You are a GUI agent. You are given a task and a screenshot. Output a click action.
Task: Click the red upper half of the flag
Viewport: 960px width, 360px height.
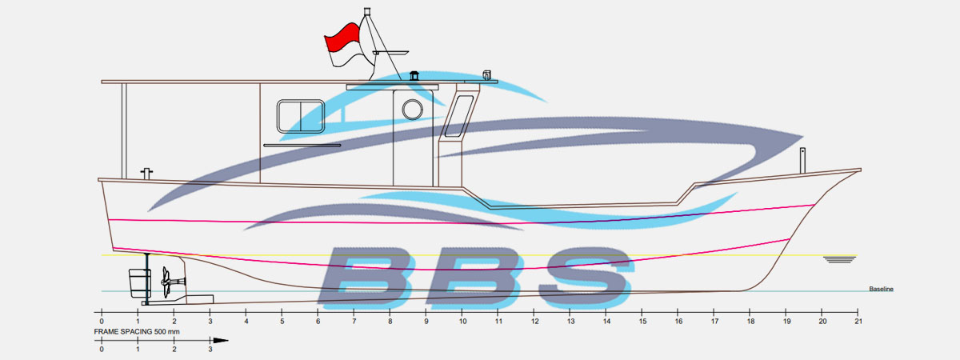pyautogui.click(x=343, y=37)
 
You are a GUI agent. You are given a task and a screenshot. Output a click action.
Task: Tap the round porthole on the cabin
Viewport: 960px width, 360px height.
pyautogui.click(x=412, y=110)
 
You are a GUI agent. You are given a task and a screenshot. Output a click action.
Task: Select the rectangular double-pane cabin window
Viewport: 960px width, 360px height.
pyautogui.click(x=301, y=117)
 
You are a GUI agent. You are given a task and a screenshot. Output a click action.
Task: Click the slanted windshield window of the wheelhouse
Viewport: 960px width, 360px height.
pyautogui.click(x=459, y=116)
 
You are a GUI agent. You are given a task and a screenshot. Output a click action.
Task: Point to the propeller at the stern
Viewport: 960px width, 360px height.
pyautogui.click(x=166, y=282)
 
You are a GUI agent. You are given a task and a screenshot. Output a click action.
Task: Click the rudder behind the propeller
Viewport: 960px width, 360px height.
pyautogui.click(x=139, y=283)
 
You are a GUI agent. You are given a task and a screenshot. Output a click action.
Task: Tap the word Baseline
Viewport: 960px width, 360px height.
pyautogui.click(x=881, y=290)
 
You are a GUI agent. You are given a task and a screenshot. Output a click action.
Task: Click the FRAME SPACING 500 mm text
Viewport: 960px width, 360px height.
pyautogui.click(x=137, y=332)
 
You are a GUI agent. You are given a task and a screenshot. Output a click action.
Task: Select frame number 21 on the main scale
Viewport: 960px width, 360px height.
pyautogui.click(x=858, y=322)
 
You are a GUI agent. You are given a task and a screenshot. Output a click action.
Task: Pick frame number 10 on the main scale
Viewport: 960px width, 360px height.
pyautogui.click(x=462, y=322)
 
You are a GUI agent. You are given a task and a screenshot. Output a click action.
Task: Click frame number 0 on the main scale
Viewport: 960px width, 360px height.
pyautogui.click(x=102, y=322)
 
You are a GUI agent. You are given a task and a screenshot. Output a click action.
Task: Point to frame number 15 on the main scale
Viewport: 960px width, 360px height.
pyautogui.click(x=642, y=322)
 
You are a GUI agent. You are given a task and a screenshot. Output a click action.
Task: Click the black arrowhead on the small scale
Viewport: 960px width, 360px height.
pyautogui.click(x=221, y=341)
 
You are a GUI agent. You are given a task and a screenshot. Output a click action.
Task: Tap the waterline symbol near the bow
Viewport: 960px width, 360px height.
pyautogui.click(x=839, y=259)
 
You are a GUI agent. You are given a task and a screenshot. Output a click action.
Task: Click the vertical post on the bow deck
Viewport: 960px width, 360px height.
pyautogui.click(x=802, y=161)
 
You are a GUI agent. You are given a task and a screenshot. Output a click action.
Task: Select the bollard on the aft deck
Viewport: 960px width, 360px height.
pyautogui.click(x=146, y=174)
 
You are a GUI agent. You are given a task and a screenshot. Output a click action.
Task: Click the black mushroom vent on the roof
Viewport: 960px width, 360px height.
pyautogui.click(x=414, y=76)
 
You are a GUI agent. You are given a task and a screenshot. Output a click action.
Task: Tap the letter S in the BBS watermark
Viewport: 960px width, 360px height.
pyautogui.click(x=586, y=278)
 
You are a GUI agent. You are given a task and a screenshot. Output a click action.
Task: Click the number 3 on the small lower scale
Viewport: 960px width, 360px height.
pyautogui.click(x=210, y=350)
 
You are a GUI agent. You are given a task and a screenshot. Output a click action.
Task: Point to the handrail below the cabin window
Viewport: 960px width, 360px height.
pyautogui.click(x=302, y=146)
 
